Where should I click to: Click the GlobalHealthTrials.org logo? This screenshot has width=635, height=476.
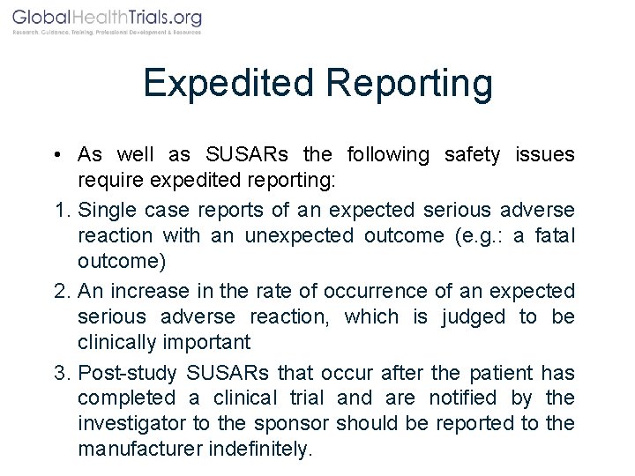pyautogui.click(x=107, y=20)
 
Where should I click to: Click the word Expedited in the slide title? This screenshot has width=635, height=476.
pyautogui.click(x=228, y=84)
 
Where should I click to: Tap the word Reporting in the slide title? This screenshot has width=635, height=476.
pyautogui.click(x=410, y=84)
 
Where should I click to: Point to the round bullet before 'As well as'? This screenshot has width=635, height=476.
pyautogui.click(x=55, y=155)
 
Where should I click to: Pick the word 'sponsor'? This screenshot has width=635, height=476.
pyautogui.click(x=368, y=423)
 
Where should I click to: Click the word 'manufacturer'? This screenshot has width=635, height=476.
pyautogui.click(x=139, y=449)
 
